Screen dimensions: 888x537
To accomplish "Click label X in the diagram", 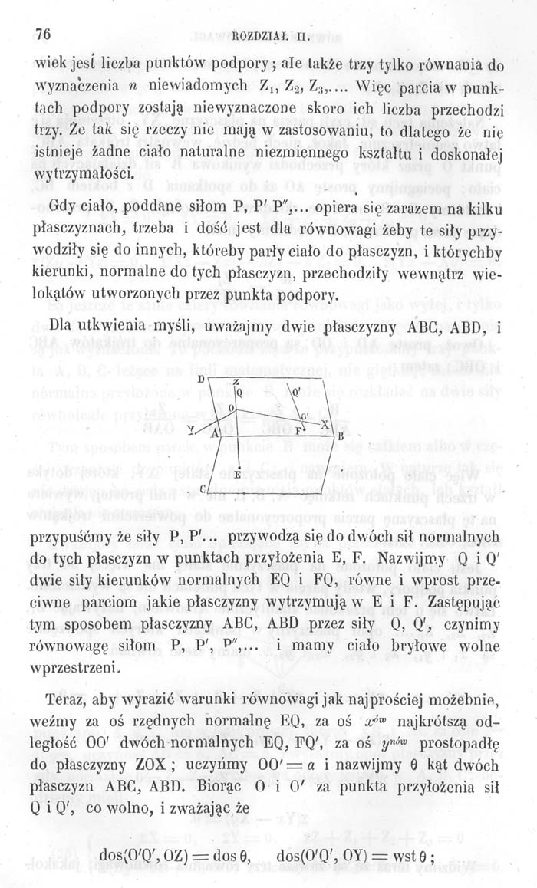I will pyautogui.click(x=325, y=424).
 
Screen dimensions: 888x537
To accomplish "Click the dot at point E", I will pyautogui.click(x=238, y=462).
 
